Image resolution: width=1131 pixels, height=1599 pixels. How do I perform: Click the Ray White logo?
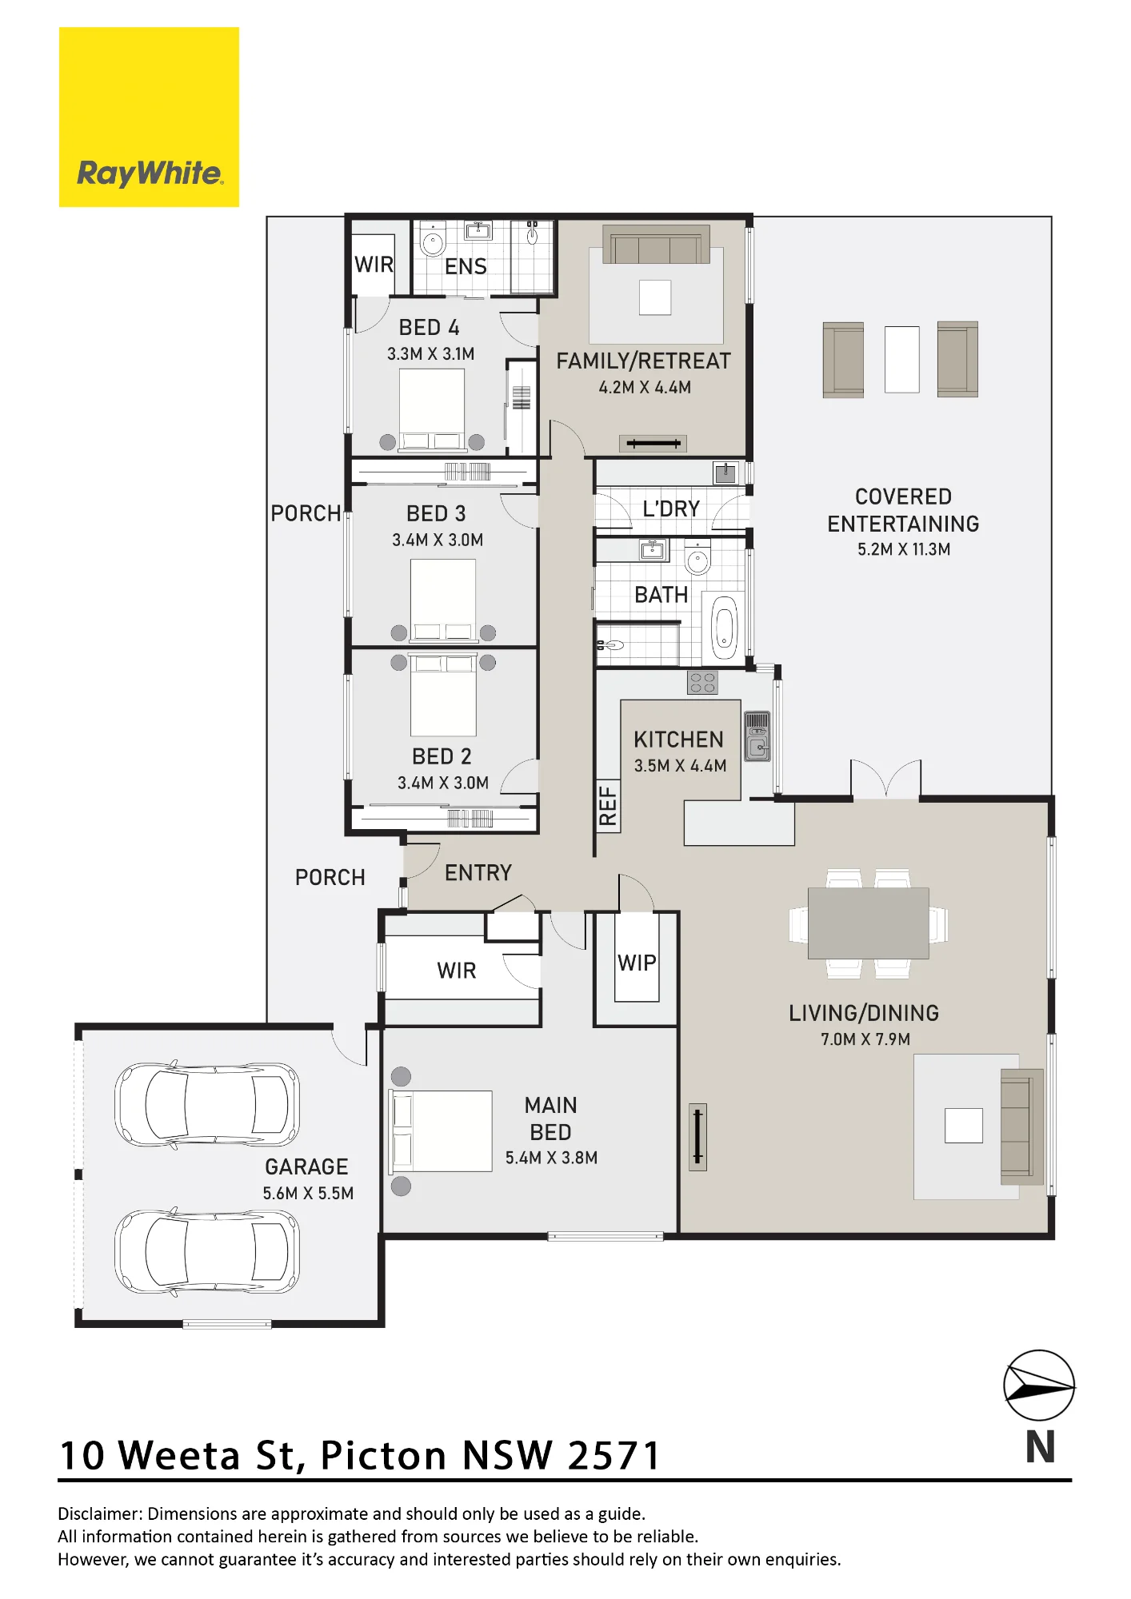coord(149,117)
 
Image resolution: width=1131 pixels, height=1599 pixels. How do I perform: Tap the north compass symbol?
coord(1039,1387)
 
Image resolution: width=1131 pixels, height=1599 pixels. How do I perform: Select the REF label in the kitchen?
coord(608,805)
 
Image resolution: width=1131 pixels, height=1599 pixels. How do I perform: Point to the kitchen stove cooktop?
coord(702,683)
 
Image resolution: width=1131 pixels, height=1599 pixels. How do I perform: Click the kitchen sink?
coord(757,736)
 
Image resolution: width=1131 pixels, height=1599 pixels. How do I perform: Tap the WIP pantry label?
coord(637,963)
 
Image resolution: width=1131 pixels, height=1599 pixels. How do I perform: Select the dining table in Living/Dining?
coord(868,923)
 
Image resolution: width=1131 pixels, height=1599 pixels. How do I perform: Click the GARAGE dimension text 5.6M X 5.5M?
coord(308,1193)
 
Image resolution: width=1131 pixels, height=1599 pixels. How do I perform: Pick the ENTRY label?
coord(478,872)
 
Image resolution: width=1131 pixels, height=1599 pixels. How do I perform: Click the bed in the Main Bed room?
coord(441,1131)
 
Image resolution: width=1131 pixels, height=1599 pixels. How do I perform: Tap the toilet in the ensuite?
coord(433,240)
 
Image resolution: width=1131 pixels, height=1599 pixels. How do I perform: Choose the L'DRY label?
coord(671,508)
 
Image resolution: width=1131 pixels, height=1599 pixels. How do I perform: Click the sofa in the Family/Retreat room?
coord(656,245)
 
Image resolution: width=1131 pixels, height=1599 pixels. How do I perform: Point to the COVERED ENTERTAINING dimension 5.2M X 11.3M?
coord(904,549)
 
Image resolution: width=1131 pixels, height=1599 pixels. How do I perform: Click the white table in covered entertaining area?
coord(901,359)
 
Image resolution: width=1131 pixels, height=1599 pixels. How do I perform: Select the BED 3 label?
coord(436,513)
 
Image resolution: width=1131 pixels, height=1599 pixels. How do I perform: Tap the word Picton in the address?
coord(383,1455)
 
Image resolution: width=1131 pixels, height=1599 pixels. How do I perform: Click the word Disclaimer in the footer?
coord(98,1513)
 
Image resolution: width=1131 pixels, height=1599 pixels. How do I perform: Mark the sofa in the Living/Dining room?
coord(1022,1126)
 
